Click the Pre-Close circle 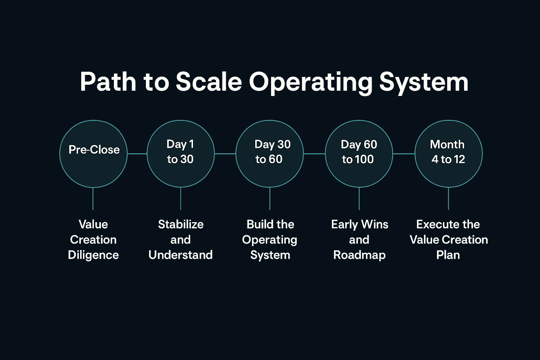point(93,154)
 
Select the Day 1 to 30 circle point(180,154)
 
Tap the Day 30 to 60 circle point(270,154)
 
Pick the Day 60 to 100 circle point(359,154)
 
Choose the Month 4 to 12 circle point(449,154)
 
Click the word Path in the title point(108,82)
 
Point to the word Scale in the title point(209,82)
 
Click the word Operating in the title point(310,83)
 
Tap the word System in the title point(424,83)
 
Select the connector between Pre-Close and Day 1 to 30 point(137,154)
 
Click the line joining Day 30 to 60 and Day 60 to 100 point(314,154)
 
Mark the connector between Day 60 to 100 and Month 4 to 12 point(404,154)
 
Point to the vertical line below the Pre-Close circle point(93,199)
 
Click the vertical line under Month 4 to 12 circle point(449,199)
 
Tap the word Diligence point(93,255)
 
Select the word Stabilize point(181,224)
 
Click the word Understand point(180,255)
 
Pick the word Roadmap point(359,255)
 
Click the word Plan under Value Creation point(448,255)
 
